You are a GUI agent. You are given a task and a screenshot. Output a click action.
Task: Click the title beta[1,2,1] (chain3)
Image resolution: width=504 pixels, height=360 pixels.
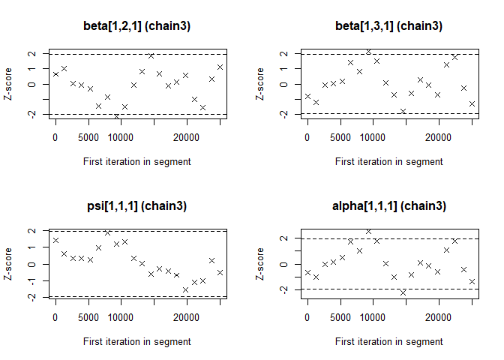click(x=136, y=26)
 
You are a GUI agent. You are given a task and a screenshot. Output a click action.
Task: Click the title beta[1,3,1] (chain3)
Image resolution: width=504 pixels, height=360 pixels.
click(x=388, y=26)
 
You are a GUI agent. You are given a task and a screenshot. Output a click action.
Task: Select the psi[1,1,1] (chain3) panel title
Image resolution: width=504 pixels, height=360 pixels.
click(x=136, y=206)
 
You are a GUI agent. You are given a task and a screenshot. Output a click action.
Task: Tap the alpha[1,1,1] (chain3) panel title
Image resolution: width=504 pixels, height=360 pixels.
click(x=388, y=206)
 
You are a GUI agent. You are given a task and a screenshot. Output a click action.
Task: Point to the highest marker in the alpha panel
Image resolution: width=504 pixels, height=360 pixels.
click(x=368, y=232)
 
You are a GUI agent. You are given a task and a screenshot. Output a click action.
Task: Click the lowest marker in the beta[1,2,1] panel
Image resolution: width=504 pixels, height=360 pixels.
click(x=116, y=117)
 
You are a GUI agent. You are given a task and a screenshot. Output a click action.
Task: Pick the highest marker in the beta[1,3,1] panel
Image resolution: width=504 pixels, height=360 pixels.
click(x=368, y=52)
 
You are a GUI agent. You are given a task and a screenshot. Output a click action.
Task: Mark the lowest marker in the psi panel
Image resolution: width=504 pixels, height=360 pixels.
click(x=185, y=289)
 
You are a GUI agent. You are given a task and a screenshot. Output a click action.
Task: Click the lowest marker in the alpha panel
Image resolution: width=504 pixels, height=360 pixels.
click(x=403, y=292)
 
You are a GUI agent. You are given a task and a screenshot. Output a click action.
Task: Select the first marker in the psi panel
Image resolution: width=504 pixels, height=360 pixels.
click(x=55, y=241)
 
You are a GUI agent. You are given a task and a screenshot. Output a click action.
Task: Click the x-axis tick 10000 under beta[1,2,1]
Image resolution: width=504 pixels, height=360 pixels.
click(x=121, y=136)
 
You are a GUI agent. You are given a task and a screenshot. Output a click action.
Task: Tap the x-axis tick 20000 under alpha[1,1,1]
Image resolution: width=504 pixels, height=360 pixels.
click(x=438, y=316)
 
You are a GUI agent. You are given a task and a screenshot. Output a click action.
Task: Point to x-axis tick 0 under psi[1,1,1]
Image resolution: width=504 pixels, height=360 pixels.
click(x=55, y=316)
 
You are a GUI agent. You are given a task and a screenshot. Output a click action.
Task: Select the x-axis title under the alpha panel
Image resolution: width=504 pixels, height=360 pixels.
click(x=388, y=341)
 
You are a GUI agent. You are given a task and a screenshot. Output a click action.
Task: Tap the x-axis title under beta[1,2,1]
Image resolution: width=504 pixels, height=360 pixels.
click(x=136, y=161)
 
